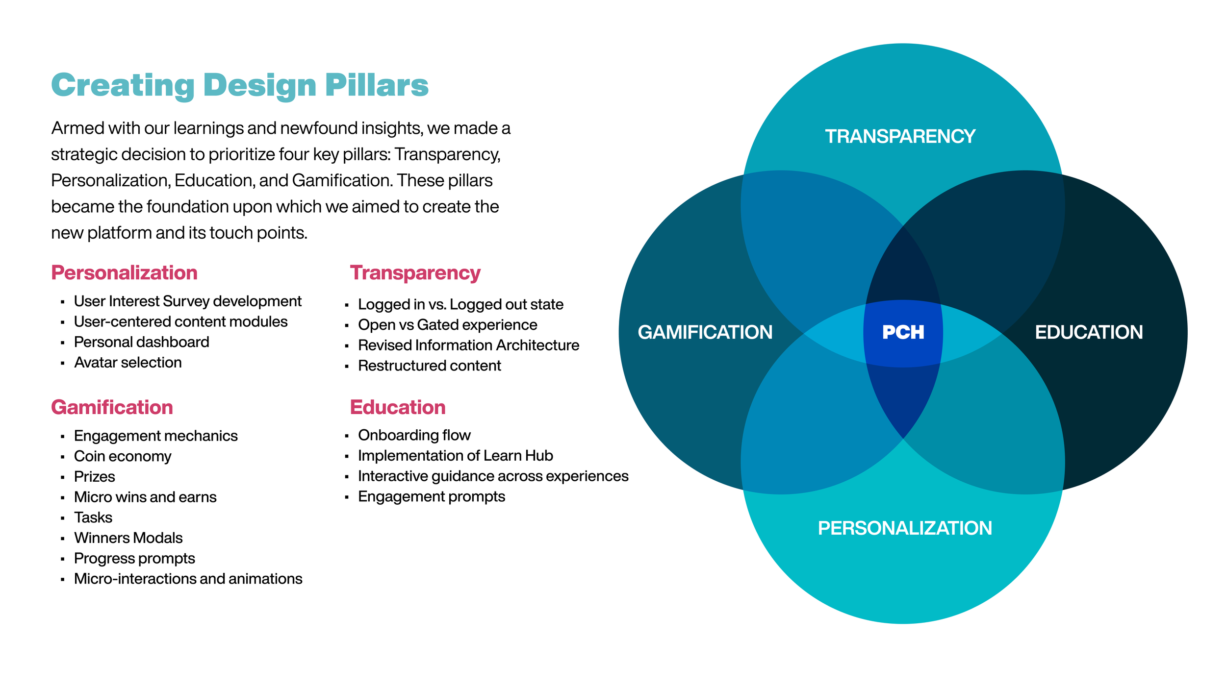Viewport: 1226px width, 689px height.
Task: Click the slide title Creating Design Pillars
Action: (x=240, y=85)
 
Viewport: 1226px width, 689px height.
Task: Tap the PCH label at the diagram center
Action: (x=903, y=333)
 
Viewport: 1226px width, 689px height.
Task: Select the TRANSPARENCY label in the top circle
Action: (x=900, y=136)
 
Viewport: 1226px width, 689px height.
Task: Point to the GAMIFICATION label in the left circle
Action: (x=705, y=332)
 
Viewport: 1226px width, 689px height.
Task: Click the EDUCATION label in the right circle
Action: (x=1088, y=332)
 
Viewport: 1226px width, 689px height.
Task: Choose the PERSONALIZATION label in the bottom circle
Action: (x=905, y=528)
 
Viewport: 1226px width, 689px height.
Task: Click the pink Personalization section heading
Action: (x=124, y=273)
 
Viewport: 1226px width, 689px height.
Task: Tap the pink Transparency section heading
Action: (x=415, y=273)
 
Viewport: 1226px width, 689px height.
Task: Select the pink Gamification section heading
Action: (x=112, y=408)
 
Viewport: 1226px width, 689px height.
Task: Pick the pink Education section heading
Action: (x=397, y=408)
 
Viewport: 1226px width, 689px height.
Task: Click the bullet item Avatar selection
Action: (x=128, y=363)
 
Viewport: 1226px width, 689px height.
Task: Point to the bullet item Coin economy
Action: (x=123, y=456)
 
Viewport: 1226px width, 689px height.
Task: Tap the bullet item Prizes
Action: (x=94, y=477)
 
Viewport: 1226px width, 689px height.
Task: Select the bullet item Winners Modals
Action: (x=128, y=538)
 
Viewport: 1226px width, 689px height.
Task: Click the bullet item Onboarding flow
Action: (x=414, y=435)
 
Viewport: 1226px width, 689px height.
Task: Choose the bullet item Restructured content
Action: (x=429, y=366)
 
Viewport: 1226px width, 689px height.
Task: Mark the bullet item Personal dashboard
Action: (x=141, y=342)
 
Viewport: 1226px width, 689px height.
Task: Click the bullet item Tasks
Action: (x=93, y=517)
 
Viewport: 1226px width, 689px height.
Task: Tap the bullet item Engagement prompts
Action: (x=431, y=496)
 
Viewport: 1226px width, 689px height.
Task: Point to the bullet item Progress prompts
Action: (x=134, y=559)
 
